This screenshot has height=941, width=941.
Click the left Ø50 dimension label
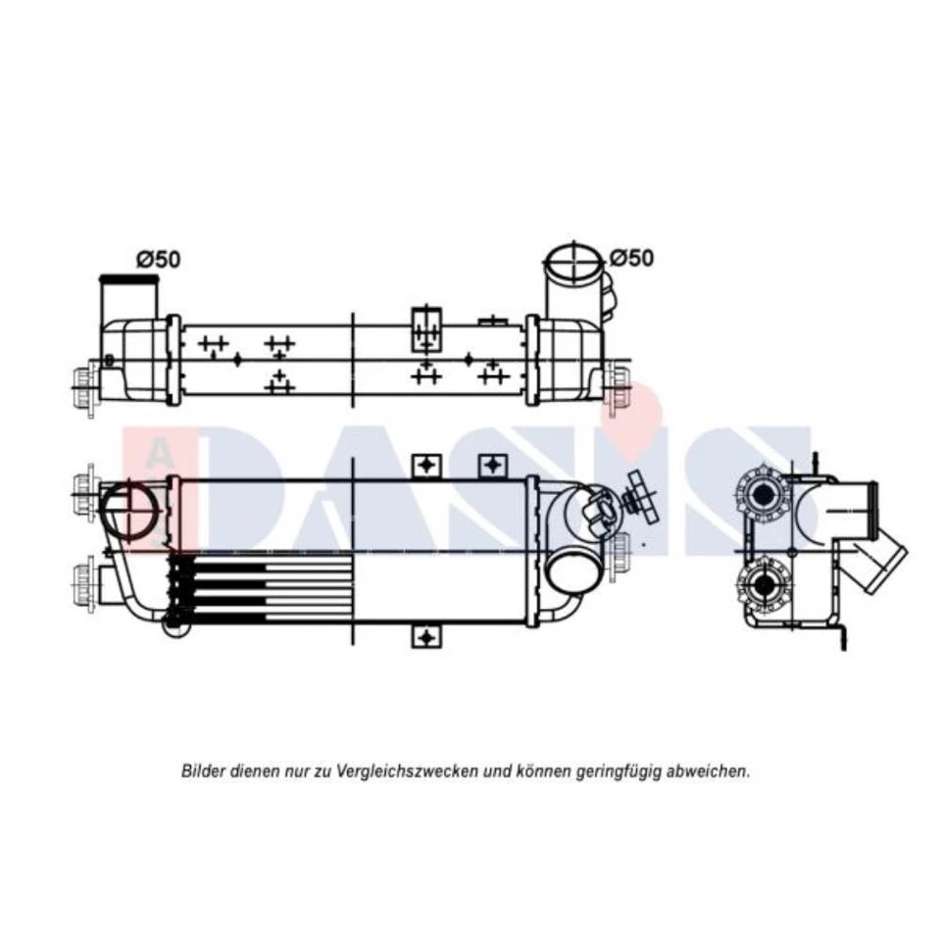point(158,260)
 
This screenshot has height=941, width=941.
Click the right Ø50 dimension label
point(631,258)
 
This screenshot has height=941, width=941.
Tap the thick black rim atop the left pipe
point(128,280)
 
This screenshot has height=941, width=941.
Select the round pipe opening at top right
point(572,262)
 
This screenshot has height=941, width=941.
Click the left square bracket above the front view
point(424,465)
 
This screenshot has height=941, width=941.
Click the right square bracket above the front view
point(491,465)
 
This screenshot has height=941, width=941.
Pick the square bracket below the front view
point(424,637)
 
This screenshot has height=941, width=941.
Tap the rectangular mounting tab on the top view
point(425,327)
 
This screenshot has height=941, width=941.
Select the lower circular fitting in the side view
point(761,584)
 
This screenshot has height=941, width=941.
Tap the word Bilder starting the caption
point(203,771)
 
